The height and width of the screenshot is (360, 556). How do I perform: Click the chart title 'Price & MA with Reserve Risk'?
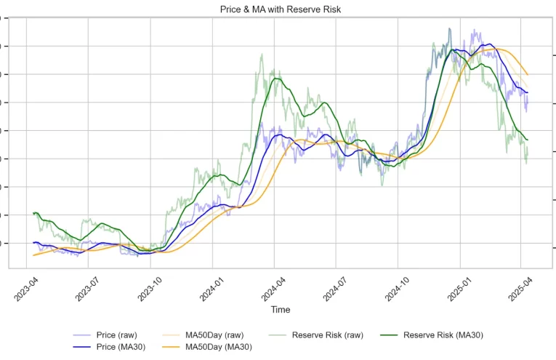pyautogui.click(x=281, y=9)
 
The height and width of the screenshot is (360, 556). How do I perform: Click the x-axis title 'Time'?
pyautogui.click(x=281, y=310)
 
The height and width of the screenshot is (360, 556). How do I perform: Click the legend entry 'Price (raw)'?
pyautogui.click(x=116, y=335)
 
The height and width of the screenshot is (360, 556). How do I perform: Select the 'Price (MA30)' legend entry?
pyautogui.click(x=121, y=347)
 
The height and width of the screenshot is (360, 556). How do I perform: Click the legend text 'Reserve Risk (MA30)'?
pyautogui.click(x=443, y=335)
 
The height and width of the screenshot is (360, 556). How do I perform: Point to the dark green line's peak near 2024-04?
pyautogui.click(x=274, y=79)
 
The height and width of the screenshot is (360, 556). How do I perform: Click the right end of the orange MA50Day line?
pyautogui.click(x=528, y=76)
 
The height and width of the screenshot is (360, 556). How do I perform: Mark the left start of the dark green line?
pyautogui.click(x=33, y=213)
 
